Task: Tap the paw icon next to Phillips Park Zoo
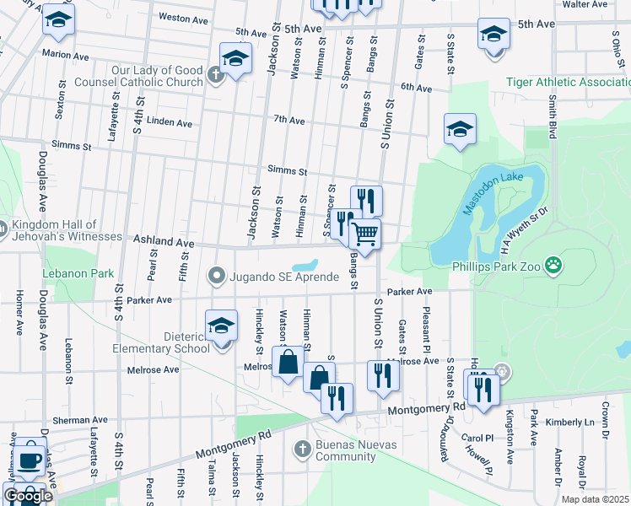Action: click(553, 267)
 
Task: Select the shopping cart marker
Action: click(365, 233)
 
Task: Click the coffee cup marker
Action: click(31, 460)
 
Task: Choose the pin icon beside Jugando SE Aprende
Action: click(217, 275)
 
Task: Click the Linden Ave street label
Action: click(169, 122)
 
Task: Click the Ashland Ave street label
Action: click(164, 243)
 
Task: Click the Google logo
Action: click(28, 496)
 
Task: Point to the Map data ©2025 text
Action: click(594, 499)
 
